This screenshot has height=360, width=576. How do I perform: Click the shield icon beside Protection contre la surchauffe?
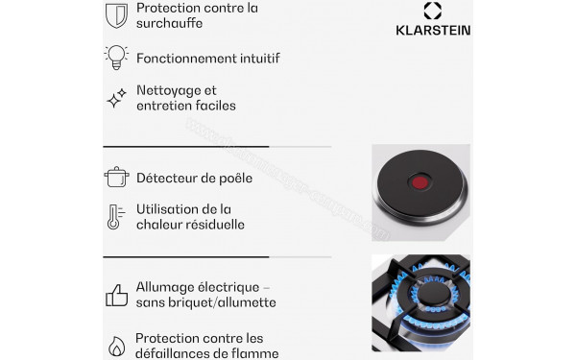pyautogui.click(x=116, y=15)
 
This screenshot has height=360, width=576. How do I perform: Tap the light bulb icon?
pyautogui.click(x=116, y=57)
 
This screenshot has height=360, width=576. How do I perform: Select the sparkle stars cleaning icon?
pyautogui.click(x=116, y=98)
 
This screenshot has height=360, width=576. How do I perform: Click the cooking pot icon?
pyautogui.click(x=116, y=177)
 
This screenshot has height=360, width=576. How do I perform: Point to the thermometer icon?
pyautogui.click(x=114, y=216)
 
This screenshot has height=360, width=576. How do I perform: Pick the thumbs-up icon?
pyautogui.click(x=116, y=295)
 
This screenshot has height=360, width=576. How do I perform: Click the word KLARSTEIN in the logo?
pyautogui.click(x=433, y=30)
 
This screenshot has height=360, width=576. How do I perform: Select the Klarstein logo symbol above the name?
pyautogui.click(x=433, y=11)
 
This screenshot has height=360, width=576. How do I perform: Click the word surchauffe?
pyautogui.click(x=169, y=25)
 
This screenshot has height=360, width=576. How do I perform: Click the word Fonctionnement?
pyautogui.click(x=187, y=59)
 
